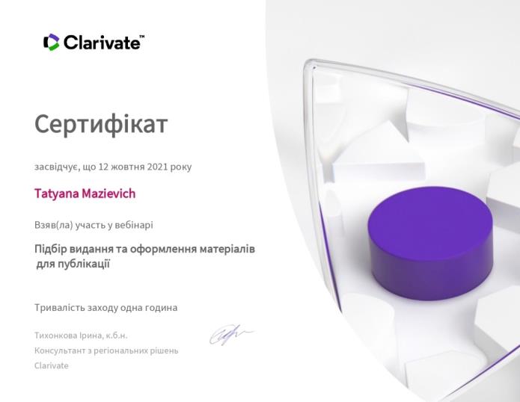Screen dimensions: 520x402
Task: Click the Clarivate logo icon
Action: [52, 43]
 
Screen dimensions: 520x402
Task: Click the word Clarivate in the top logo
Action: [102, 43]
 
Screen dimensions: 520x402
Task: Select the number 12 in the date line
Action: [104, 167]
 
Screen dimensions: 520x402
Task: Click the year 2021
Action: [158, 167]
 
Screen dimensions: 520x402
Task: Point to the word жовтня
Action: [128, 167]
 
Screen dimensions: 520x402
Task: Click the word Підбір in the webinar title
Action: [51, 249]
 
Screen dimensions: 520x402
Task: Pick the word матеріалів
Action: [227, 249]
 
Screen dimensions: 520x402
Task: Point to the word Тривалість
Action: [60, 308]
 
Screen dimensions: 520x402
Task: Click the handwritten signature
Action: [231, 334]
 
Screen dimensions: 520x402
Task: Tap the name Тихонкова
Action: [55, 335]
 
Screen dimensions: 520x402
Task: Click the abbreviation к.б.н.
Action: [117, 335]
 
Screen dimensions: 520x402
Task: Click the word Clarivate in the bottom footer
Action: [52, 365]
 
